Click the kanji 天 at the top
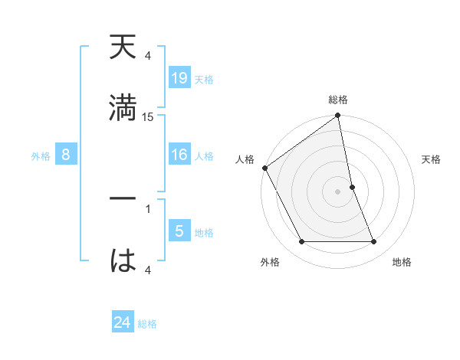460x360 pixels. pos(123,48)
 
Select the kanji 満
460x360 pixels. pos(123,106)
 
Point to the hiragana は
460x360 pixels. pos(123,260)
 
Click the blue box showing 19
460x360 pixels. pos(179,78)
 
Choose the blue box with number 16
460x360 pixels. pos(179,155)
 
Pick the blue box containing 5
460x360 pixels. pos(179,231)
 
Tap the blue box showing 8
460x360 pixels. pos(66,155)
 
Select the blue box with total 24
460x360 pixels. pos(123,322)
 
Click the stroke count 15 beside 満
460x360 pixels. pos(148,117)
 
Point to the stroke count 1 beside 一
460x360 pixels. pos(148,207)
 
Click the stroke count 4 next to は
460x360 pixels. pos(148,270)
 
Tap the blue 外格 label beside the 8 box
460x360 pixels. pos(41,155)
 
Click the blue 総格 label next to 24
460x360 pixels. pos(147,323)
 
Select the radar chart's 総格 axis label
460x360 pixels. pos(338,100)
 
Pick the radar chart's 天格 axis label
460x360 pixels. pos(432,159)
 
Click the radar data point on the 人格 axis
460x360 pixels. pos(265,167)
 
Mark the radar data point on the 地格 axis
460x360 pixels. pos(374,242)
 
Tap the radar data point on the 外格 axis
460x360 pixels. pos(301,242)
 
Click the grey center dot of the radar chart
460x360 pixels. pos(338,191)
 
